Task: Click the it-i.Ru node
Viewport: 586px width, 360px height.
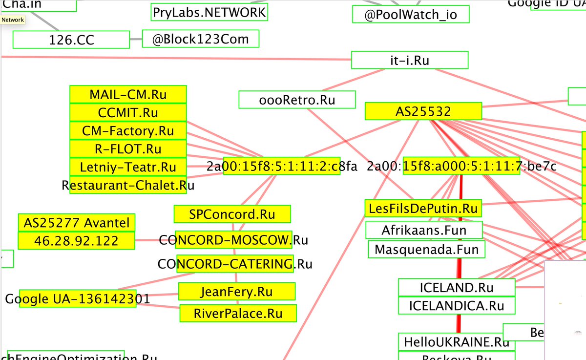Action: click(x=409, y=61)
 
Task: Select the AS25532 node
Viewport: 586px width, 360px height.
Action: click(x=423, y=111)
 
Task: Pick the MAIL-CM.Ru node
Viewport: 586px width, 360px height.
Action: click(x=128, y=94)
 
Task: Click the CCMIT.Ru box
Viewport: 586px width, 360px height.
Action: click(x=128, y=113)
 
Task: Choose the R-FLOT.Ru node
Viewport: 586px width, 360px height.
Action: click(x=128, y=149)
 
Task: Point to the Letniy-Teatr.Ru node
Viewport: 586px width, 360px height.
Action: click(x=128, y=167)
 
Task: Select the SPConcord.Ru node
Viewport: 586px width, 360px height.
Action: click(x=232, y=214)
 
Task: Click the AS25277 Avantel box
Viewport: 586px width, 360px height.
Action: click(x=76, y=223)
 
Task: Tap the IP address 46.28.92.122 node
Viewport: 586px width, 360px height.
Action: click(x=76, y=241)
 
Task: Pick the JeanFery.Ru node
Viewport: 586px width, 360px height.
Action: click(x=236, y=292)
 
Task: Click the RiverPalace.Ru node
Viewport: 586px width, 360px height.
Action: click(x=238, y=313)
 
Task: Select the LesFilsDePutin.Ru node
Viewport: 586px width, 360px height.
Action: click(x=423, y=208)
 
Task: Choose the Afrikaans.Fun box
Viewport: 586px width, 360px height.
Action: click(x=424, y=230)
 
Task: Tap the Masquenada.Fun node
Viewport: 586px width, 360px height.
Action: click(x=426, y=250)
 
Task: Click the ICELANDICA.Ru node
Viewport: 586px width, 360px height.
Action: click(x=457, y=306)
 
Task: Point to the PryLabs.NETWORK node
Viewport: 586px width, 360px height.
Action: click(x=209, y=12)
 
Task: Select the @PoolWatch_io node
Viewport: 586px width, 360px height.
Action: click(x=410, y=14)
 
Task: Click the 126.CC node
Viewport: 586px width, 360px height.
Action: click(x=71, y=40)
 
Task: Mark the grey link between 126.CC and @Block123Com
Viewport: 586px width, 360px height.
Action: click(x=136, y=39)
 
